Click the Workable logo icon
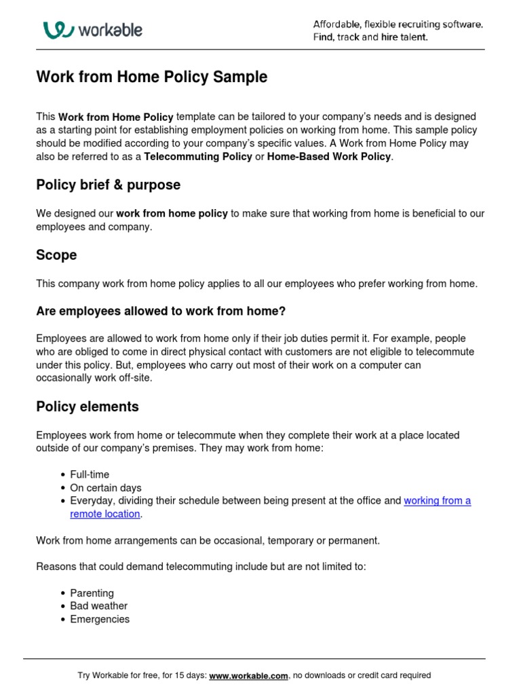tap(58, 30)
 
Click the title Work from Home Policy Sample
tap(151, 77)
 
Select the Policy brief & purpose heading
tap(108, 185)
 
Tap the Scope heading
tap(56, 255)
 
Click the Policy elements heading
tap(87, 407)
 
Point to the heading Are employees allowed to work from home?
tap(161, 312)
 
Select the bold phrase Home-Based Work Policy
tap(329, 157)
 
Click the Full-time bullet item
tap(90, 474)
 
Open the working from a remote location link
tap(437, 501)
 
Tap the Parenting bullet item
tap(92, 593)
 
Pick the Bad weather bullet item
tap(98, 606)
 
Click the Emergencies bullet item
tap(100, 619)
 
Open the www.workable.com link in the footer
tap(248, 676)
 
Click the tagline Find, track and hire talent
tap(370, 37)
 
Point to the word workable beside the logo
tap(110, 31)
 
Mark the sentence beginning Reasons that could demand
tap(201, 567)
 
